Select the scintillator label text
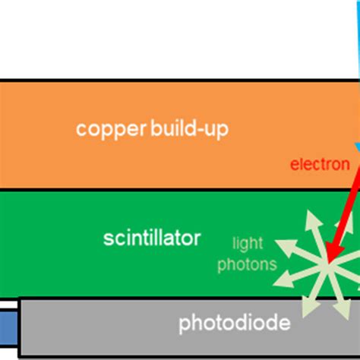[152, 238]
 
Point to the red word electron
[320, 164]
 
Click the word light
[248, 243]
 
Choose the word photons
[247, 264]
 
